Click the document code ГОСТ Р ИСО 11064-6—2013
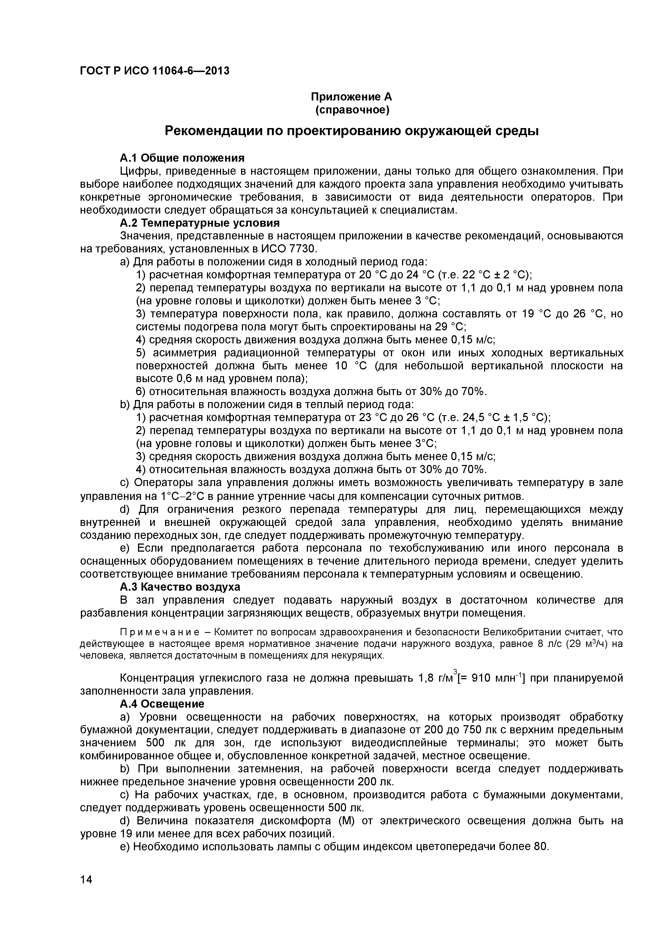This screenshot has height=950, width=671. (154, 71)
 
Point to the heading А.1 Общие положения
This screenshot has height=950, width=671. (182, 158)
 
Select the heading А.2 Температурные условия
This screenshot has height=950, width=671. (199, 223)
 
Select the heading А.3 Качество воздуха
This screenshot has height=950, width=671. (179, 587)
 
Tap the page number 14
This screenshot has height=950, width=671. (86, 891)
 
